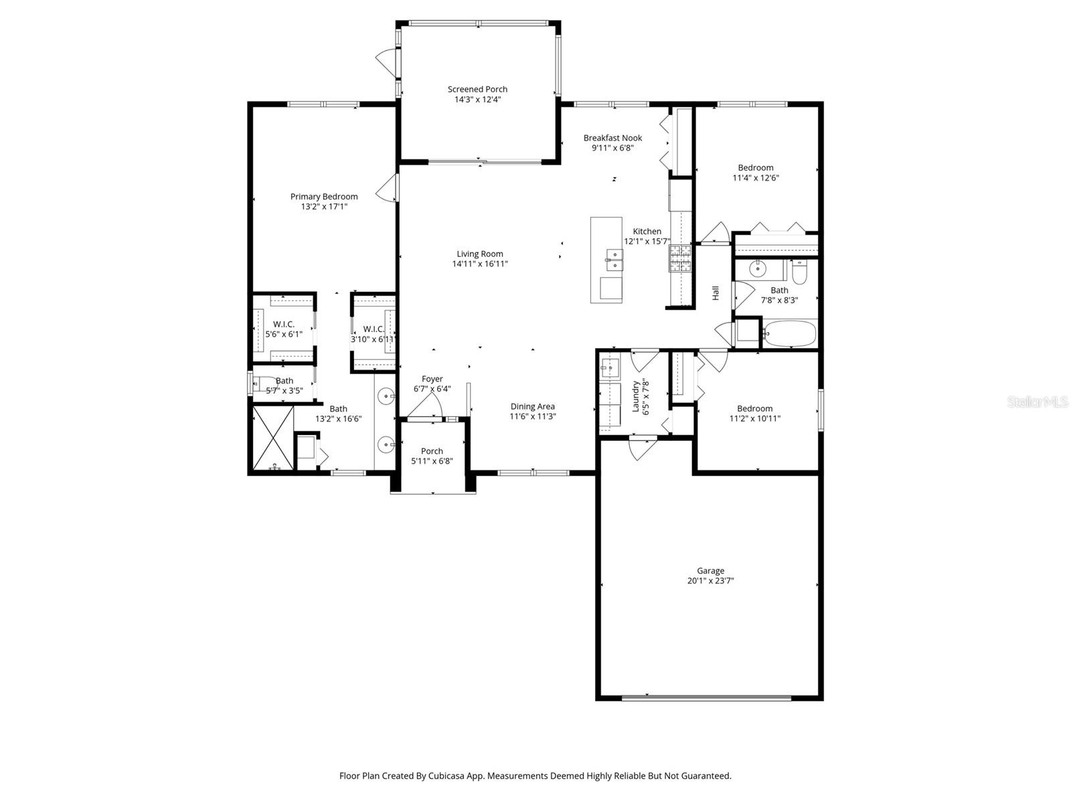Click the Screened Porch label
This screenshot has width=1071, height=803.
point(477,89)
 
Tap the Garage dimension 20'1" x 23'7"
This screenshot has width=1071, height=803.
point(710,581)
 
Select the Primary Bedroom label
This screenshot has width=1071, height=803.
point(324,196)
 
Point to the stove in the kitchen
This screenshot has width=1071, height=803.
point(680,258)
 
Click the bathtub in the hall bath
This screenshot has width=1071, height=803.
point(790,333)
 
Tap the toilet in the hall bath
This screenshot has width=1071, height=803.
point(800,273)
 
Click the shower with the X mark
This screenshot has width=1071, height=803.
point(273,438)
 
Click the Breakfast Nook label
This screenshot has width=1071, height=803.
point(612,138)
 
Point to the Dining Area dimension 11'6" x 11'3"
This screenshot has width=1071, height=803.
point(533,416)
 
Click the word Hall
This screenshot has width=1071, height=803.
point(716,292)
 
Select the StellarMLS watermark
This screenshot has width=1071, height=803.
point(1037,401)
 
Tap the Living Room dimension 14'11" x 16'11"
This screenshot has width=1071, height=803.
point(480,264)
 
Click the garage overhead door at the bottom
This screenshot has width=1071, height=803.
point(707,698)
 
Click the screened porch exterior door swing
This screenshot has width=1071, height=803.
point(386,62)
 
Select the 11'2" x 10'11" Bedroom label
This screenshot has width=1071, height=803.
point(754,408)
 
